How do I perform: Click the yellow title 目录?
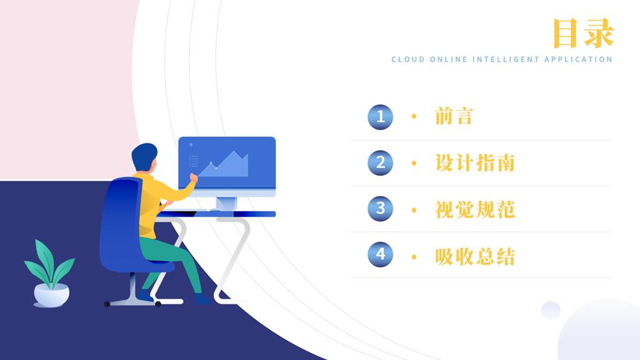(583, 33)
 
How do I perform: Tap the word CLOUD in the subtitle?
(407, 60)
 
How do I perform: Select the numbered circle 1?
(381, 117)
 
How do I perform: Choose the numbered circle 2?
(381, 163)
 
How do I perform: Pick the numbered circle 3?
(381, 209)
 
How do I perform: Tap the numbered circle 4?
(381, 254)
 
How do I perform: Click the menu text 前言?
(454, 117)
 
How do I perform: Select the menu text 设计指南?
(475, 163)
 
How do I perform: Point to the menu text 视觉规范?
(475, 210)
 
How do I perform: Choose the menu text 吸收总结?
(475, 257)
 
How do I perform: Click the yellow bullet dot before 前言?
(414, 117)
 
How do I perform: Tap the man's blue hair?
(144, 155)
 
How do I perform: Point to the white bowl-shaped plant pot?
(51, 295)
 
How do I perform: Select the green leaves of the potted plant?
(49, 264)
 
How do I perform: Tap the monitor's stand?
(226, 204)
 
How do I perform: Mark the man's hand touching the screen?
(193, 177)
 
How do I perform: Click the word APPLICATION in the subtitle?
(578, 60)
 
